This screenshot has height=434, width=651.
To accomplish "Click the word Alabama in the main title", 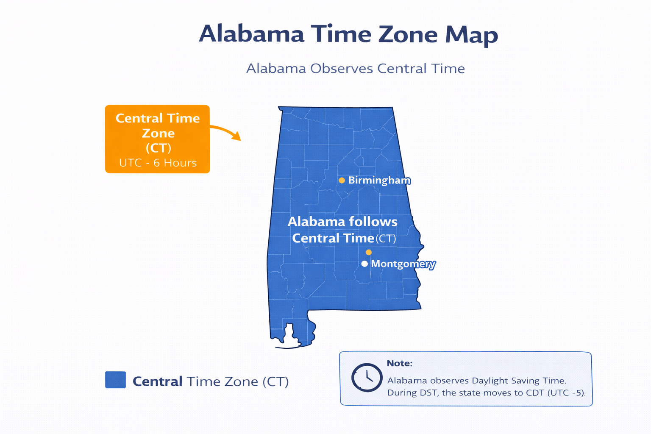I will coord(251,34).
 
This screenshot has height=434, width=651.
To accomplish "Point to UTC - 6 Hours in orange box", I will coord(158,163).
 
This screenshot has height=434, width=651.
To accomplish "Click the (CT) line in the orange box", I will coord(158,148).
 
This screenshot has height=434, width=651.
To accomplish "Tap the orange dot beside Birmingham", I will coord(342,181).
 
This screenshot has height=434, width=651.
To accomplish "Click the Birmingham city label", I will coord(379,181).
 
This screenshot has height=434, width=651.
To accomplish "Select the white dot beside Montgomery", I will coord(364,264).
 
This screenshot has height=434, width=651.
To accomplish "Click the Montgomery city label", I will coord(403,264).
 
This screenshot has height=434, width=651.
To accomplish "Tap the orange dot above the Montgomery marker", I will coord(369,252).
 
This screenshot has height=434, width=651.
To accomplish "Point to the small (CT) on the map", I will coord(386,239).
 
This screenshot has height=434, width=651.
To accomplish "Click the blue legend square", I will coord(115,380).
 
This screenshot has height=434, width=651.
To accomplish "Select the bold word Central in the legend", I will coord(157,381).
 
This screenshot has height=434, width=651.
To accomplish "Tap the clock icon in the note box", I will coord(367,377).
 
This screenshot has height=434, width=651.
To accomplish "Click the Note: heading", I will coord(399,363).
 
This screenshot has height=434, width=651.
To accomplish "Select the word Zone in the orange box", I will coord(158,133).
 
